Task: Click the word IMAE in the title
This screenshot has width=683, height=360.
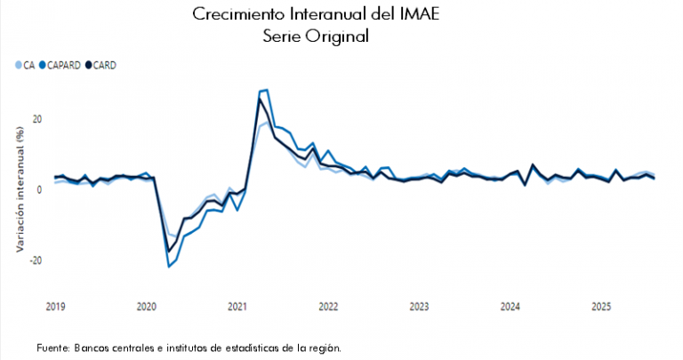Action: (422, 15)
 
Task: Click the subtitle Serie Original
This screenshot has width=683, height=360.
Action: (316, 36)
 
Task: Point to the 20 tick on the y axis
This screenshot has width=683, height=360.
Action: (37, 119)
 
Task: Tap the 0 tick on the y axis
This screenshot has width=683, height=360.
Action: (40, 189)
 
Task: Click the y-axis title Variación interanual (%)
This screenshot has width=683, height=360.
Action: (18, 189)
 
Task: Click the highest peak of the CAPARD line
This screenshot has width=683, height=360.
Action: (266, 90)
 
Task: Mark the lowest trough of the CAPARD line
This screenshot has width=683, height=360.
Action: (169, 267)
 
